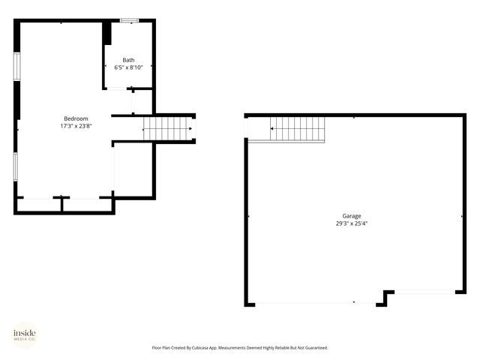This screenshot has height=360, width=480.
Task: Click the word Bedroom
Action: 76,118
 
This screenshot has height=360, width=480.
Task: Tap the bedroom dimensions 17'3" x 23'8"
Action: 76,126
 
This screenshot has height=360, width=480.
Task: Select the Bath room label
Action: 129,60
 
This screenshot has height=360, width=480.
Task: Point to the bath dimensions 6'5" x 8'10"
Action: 129,67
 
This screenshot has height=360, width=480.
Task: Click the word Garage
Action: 352,215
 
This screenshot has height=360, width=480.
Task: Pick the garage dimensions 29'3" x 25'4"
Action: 352,223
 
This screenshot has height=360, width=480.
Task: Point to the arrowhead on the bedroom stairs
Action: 190,128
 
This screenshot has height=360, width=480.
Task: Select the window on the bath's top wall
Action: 129,20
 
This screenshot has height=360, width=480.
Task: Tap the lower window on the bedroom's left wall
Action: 16,166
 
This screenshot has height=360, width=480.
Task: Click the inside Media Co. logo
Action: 25,334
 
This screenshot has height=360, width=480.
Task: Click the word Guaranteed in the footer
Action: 313,348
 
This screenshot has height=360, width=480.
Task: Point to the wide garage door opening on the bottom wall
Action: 315,304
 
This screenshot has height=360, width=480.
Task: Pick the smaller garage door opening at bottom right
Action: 424,292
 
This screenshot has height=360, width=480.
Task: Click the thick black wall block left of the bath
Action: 106,33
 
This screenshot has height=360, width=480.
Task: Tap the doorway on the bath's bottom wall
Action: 118,89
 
